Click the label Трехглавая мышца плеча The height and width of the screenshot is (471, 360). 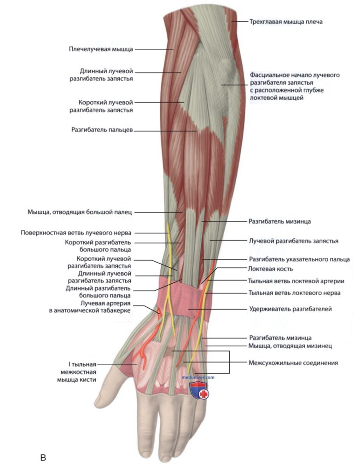pyautogui.click(x=286, y=22)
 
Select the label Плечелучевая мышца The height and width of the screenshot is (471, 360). pyautogui.click(x=101, y=49)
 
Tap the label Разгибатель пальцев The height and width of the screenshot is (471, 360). pyautogui.click(x=102, y=130)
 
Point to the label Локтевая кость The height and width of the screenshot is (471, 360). pyautogui.click(x=270, y=269)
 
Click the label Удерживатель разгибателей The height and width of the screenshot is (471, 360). pyautogui.click(x=290, y=309)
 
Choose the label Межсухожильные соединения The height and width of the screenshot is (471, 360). pyautogui.click(x=293, y=363)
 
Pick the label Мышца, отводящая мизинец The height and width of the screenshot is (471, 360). pyautogui.click(x=290, y=346)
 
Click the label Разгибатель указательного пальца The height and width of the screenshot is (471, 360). pyautogui.click(x=299, y=259)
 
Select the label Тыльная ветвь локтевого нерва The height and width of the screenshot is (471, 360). pyautogui.click(x=295, y=293)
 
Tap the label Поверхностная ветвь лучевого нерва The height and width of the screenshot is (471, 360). pyautogui.click(x=76, y=233)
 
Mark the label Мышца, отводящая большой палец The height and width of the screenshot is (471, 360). pyautogui.click(x=80, y=212)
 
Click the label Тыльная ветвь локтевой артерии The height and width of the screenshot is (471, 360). pyautogui.click(x=296, y=281)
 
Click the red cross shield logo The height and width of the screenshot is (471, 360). pyautogui.click(x=199, y=390)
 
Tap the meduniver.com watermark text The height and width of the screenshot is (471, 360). pyautogui.click(x=198, y=377)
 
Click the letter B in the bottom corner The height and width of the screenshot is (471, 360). pyautogui.click(x=43, y=458)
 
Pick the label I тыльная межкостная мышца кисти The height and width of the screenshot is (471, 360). pyautogui.click(x=77, y=372)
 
